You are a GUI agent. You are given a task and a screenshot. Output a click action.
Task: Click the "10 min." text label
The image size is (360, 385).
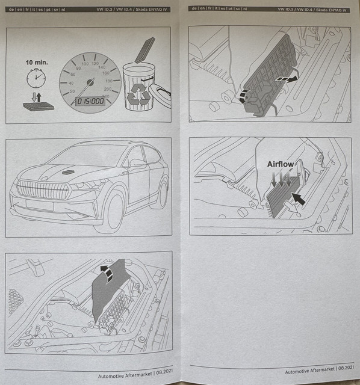pos(37,63)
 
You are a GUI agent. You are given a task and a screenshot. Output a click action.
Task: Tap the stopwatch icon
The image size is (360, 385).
pos(36,78)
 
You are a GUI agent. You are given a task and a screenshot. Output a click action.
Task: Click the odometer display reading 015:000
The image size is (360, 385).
pos(90,101)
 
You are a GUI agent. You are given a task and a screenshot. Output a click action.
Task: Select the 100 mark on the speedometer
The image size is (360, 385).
pos(85,64)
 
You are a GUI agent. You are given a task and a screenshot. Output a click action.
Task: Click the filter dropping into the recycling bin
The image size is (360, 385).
pos(145,50)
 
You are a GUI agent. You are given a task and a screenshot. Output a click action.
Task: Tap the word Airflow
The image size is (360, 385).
pos(281,164)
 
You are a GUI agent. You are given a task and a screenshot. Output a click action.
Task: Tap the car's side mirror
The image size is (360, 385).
pos(137,163)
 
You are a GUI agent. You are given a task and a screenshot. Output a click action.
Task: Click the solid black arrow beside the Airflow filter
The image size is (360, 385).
pos(299,199)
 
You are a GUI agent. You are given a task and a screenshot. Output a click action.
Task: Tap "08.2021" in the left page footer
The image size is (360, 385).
pos(164,371)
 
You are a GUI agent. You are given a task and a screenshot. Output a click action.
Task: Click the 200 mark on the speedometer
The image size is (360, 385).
pos(108,89)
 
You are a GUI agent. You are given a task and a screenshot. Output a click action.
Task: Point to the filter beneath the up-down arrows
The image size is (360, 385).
pos(39,106)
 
